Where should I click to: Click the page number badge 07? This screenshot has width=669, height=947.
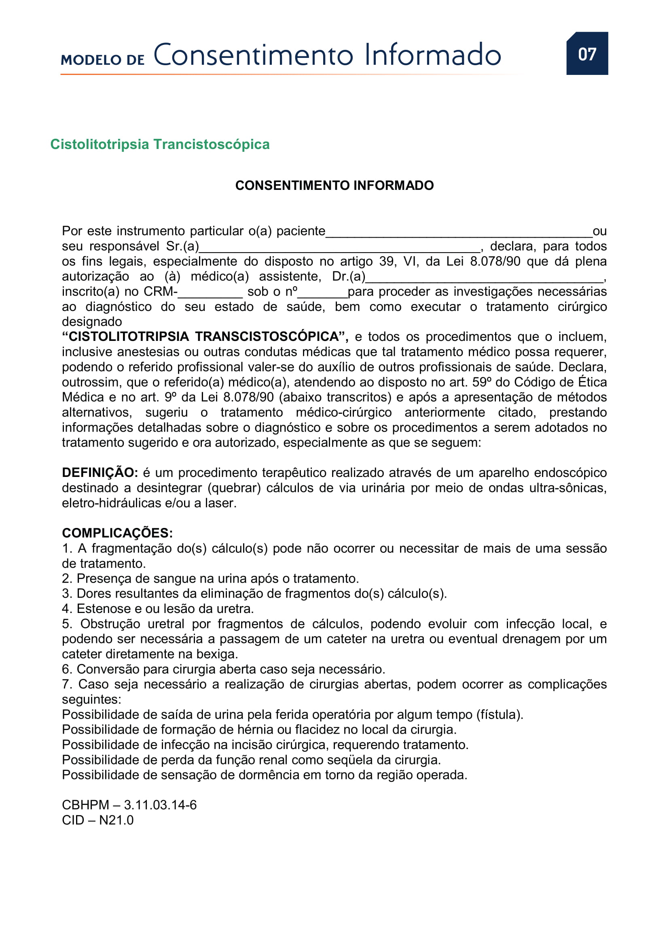pos(586,53)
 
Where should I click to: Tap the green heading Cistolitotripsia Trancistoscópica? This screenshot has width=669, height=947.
pos(160,145)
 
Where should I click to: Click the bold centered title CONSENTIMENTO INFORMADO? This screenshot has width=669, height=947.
pos(334,185)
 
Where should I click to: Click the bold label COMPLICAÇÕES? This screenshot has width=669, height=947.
pos(117,533)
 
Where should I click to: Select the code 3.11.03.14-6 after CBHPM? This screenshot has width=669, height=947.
pos(160,805)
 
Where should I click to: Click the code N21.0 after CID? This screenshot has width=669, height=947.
pos(116,820)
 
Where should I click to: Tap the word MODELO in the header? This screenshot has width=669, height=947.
pos(91,60)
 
